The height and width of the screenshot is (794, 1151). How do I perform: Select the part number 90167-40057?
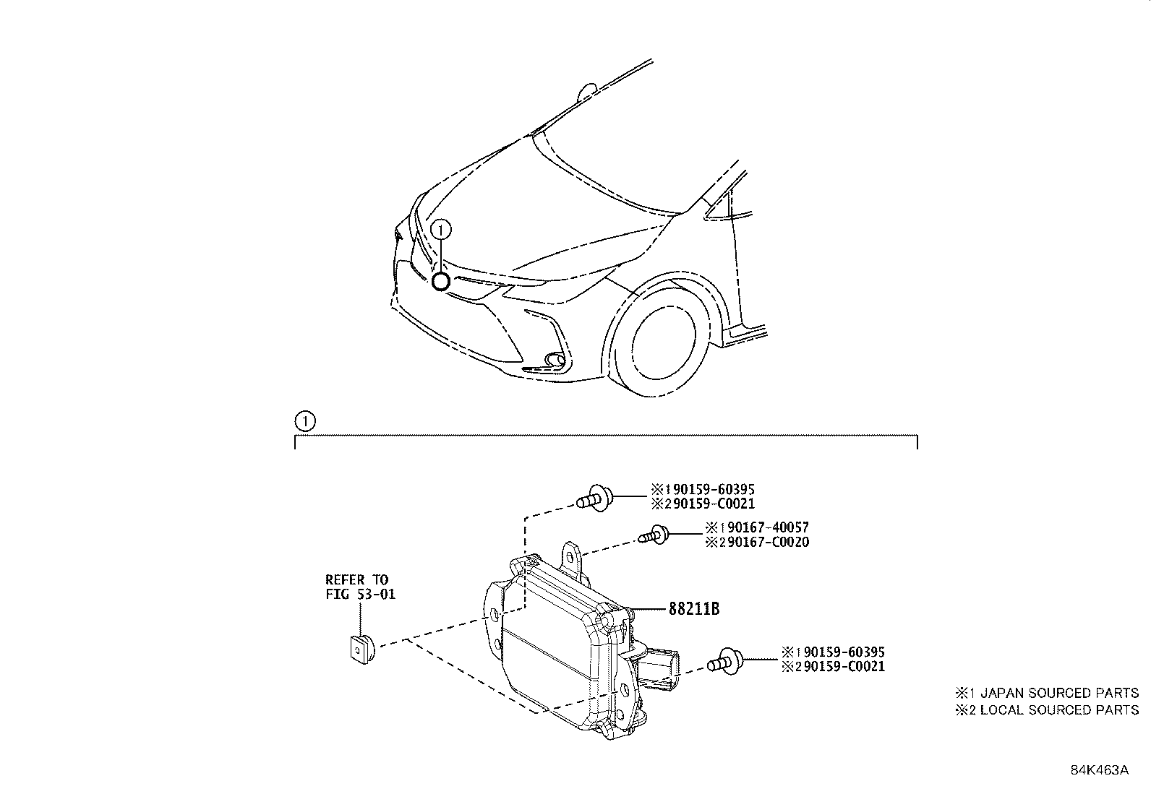[x=763, y=528]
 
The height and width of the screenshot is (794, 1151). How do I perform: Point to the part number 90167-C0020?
[x=763, y=542]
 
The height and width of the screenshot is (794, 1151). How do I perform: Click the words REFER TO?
[x=356, y=579]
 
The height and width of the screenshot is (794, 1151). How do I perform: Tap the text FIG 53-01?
[x=360, y=594]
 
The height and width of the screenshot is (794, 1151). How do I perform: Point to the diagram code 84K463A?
[x=1099, y=769]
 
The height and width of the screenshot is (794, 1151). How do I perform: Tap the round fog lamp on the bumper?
[x=555, y=358]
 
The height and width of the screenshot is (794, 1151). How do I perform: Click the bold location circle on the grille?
[x=440, y=281]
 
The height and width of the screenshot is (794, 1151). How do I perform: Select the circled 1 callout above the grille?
[x=441, y=230]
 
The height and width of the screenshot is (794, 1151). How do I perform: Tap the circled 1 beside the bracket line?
[x=305, y=421]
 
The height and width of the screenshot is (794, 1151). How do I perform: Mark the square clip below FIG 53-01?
[x=359, y=648]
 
